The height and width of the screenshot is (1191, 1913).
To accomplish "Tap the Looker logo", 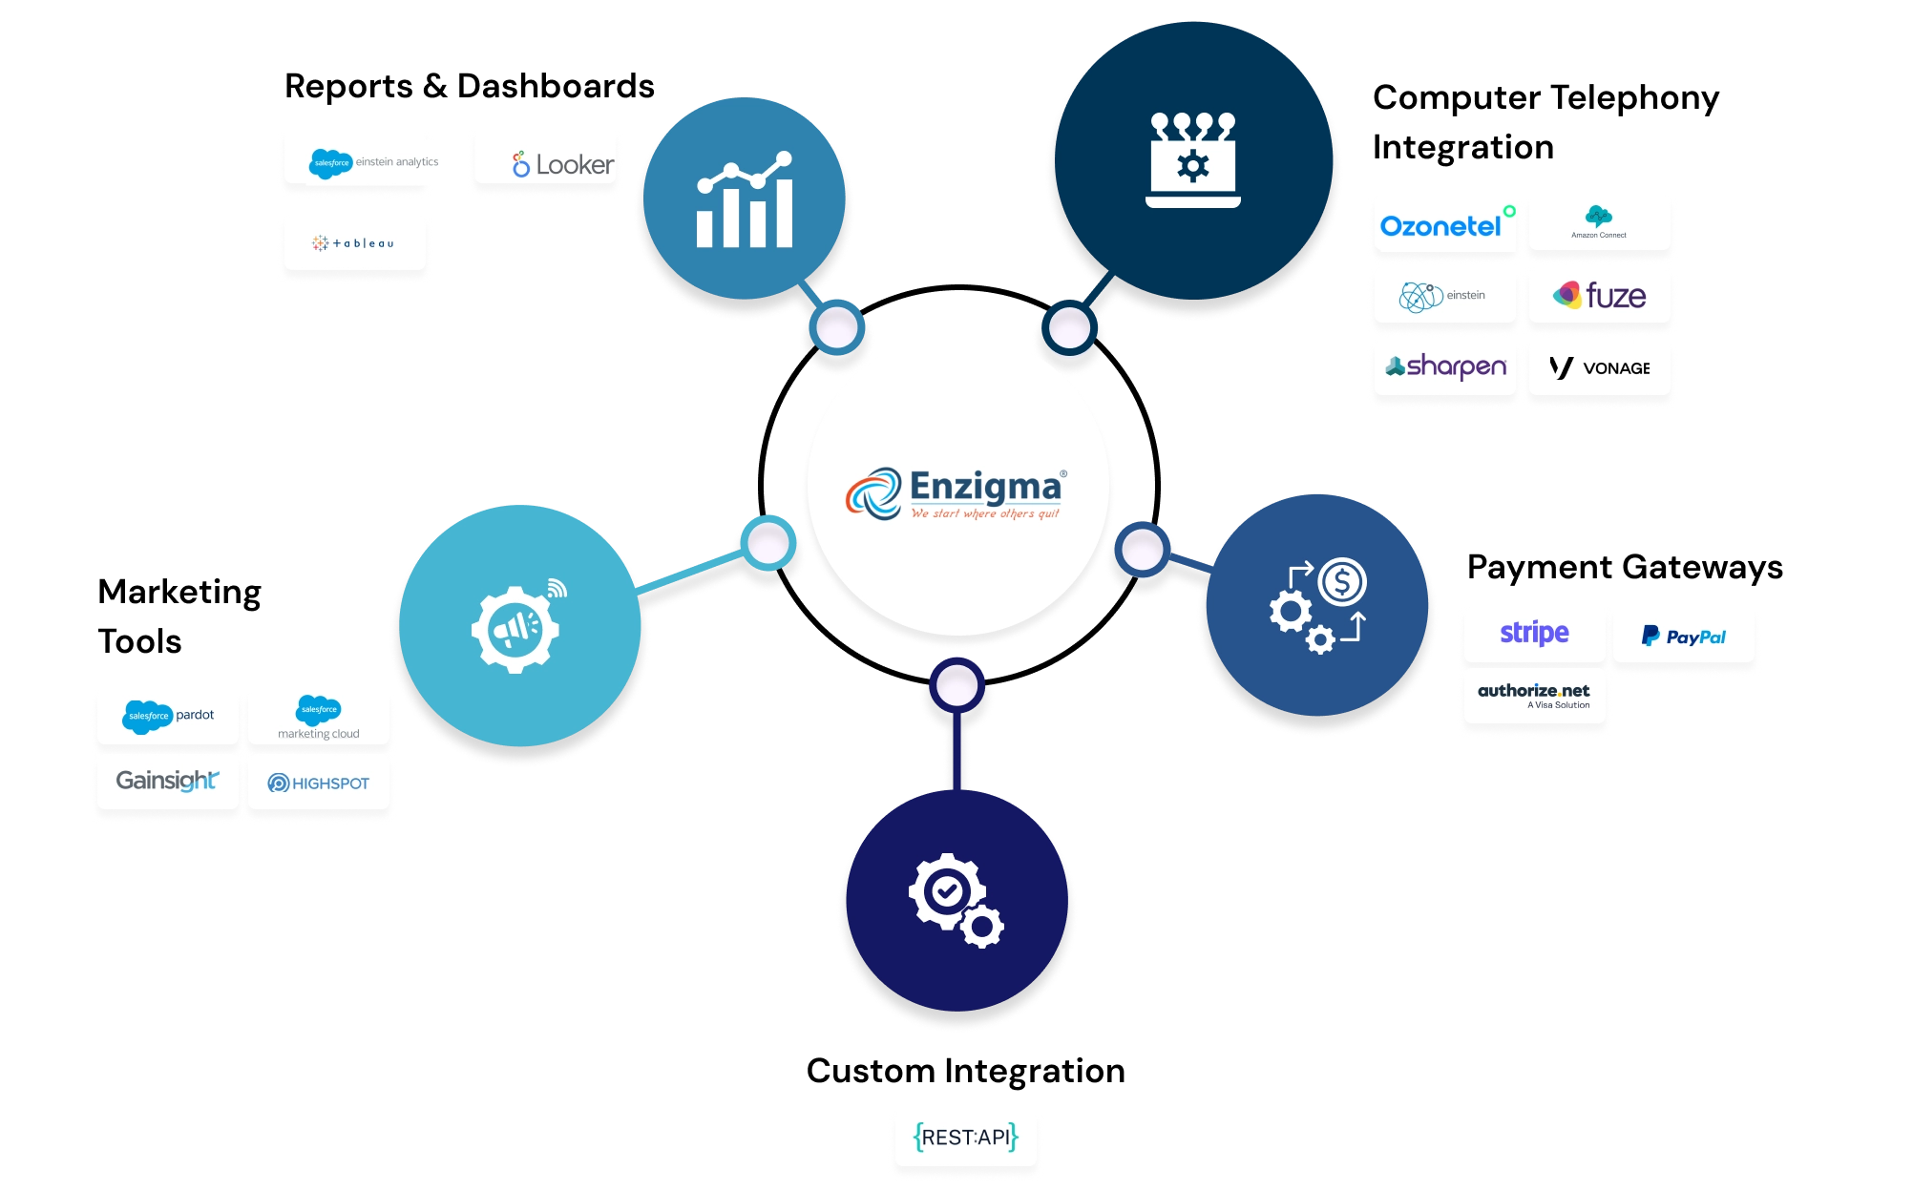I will click(563, 164).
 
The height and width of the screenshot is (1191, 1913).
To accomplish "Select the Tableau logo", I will click(353, 243).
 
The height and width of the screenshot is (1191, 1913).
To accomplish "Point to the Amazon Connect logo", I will click(1599, 221).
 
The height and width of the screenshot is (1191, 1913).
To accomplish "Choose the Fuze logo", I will click(1599, 296).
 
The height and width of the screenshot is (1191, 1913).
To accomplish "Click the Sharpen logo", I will click(1445, 366).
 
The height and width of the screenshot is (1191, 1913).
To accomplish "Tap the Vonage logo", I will click(1599, 368).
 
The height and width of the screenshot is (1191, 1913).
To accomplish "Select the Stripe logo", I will click(1534, 633).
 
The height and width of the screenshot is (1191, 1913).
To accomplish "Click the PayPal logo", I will click(1683, 637).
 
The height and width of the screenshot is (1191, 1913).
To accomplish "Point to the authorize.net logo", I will click(1534, 695).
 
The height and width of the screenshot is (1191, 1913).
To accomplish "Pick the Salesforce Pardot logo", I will click(169, 716).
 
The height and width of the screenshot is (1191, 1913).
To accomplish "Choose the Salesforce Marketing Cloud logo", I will click(319, 718).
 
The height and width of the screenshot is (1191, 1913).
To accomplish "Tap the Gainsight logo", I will click(167, 781).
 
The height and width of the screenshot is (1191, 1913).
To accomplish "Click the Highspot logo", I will click(319, 784).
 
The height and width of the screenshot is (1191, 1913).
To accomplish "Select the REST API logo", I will click(965, 1137).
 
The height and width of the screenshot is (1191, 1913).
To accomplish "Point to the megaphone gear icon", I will click(515, 628).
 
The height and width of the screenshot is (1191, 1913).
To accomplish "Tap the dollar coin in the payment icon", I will click(1342, 581).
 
